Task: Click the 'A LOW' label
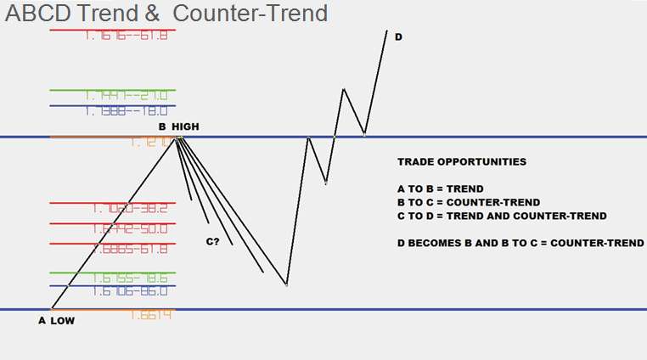coord(57,321)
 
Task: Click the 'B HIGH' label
coord(177,127)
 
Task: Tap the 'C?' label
coord(213,242)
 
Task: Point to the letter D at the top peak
coord(398,37)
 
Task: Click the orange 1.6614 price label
coord(152,315)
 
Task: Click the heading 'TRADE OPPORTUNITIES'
coord(461,161)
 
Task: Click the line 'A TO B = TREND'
coord(442,188)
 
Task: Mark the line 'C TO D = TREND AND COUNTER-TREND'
coord(502,216)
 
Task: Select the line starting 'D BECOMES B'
coord(520,243)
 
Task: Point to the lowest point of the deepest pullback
coord(287,284)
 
